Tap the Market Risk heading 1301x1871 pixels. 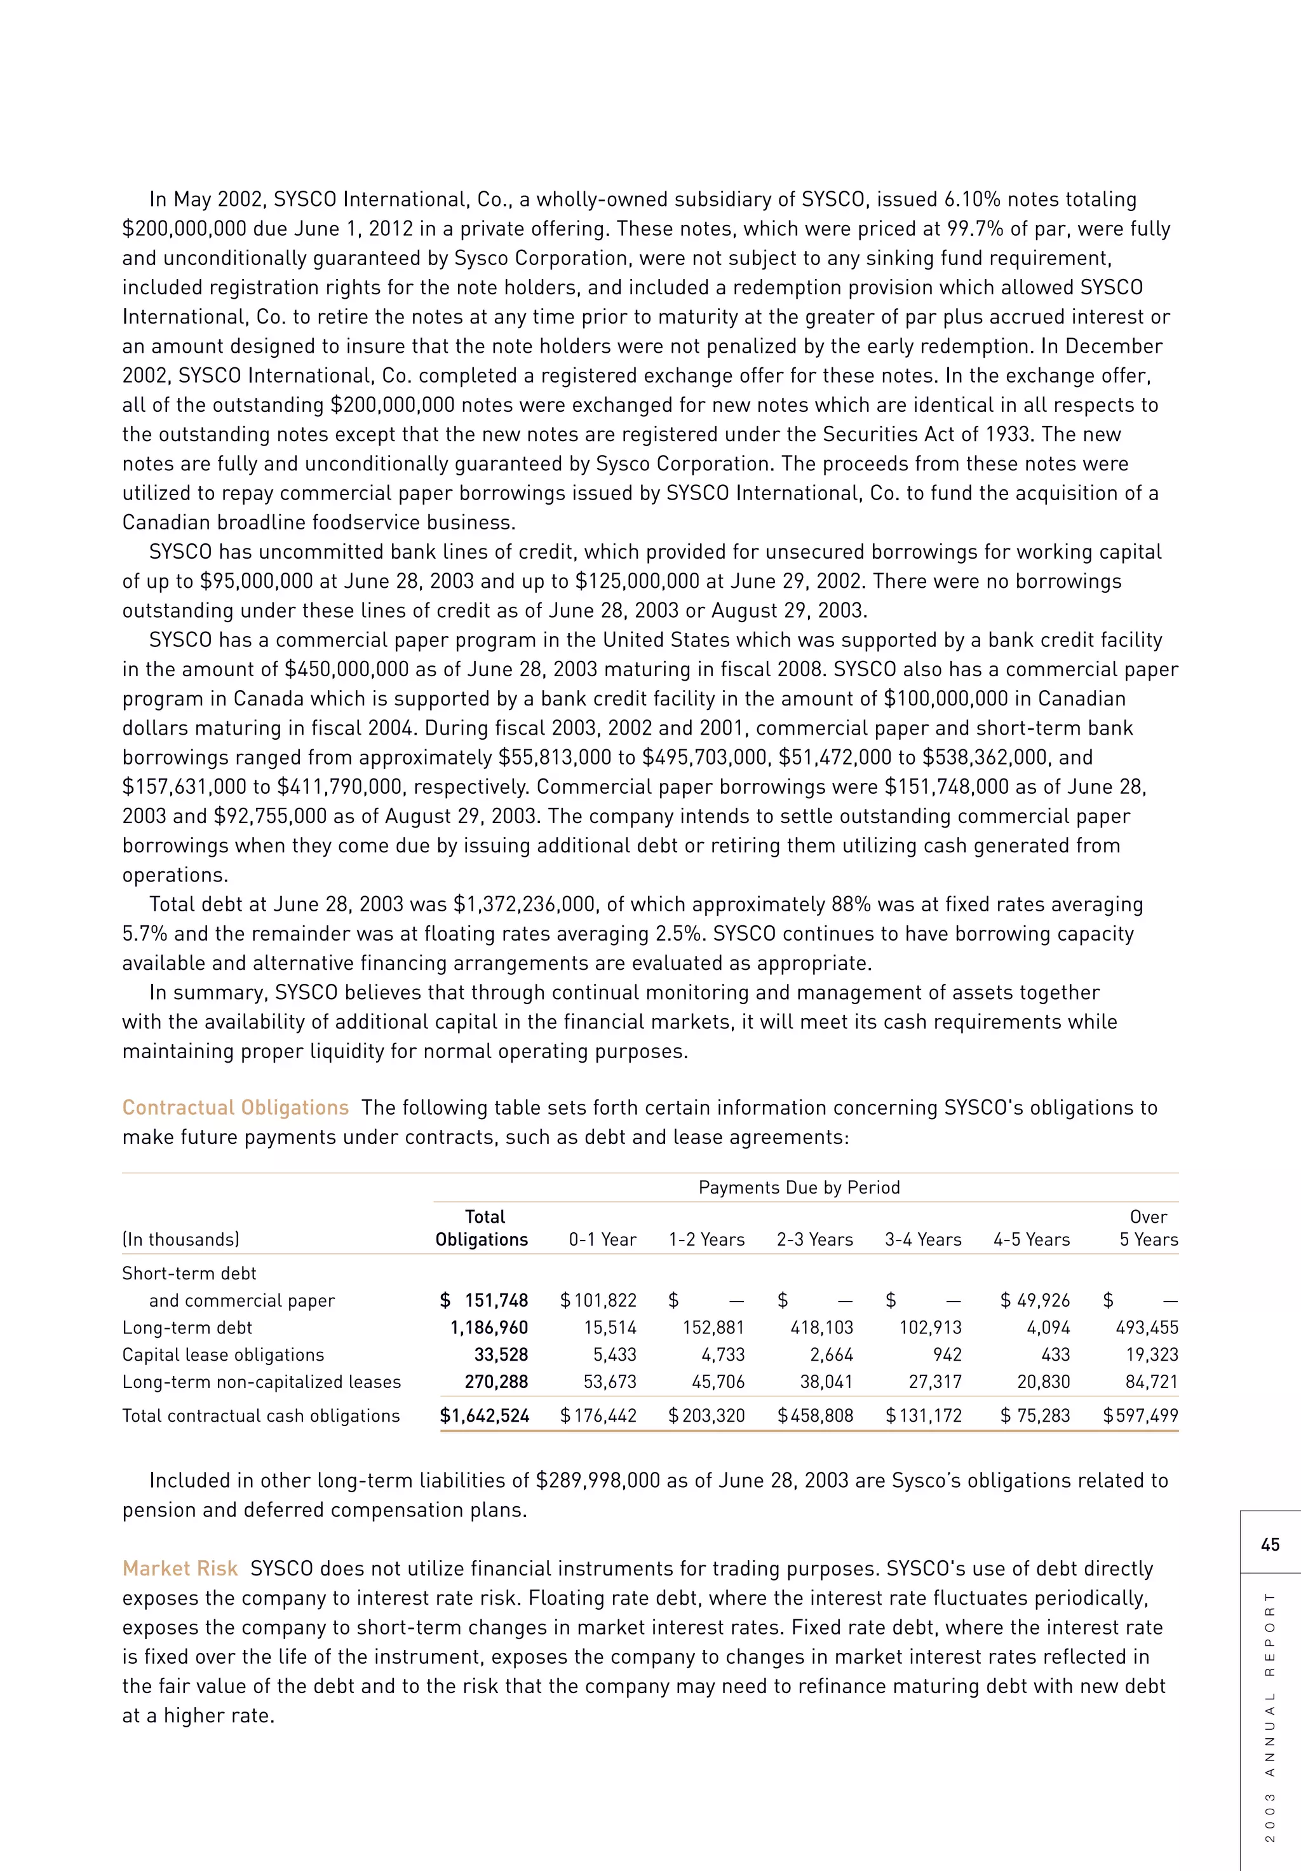point(179,1568)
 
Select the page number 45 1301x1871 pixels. point(1269,1544)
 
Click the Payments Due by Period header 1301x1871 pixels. point(799,1187)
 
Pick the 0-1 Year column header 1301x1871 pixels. point(602,1239)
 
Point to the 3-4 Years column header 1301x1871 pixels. point(922,1239)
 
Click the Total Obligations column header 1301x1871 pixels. point(482,1228)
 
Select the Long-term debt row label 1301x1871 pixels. point(187,1328)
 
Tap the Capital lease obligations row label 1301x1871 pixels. point(222,1354)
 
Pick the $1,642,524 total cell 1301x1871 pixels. point(484,1415)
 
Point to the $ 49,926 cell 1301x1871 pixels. point(1035,1300)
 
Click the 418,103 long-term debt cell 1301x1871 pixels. point(821,1328)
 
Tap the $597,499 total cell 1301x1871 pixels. point(1140,1415)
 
